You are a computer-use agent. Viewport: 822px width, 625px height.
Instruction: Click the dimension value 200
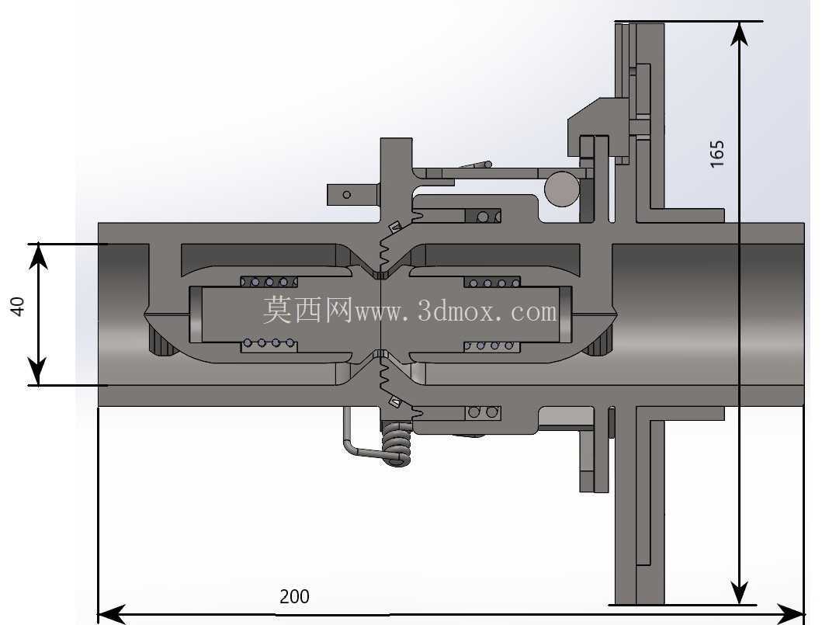294,597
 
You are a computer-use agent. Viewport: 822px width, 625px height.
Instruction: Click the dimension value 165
717,154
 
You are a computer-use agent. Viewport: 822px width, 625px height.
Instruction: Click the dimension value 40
18,307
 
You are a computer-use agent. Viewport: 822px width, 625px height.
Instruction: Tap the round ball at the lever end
562,189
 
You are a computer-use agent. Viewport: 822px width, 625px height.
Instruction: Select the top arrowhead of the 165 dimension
739,34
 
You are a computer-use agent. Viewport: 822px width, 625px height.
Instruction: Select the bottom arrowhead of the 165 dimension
739,592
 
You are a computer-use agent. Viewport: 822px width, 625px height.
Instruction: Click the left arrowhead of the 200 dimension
111,614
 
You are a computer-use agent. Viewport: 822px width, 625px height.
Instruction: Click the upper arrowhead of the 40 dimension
38,256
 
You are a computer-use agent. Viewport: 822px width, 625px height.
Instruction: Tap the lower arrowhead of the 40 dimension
38,373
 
